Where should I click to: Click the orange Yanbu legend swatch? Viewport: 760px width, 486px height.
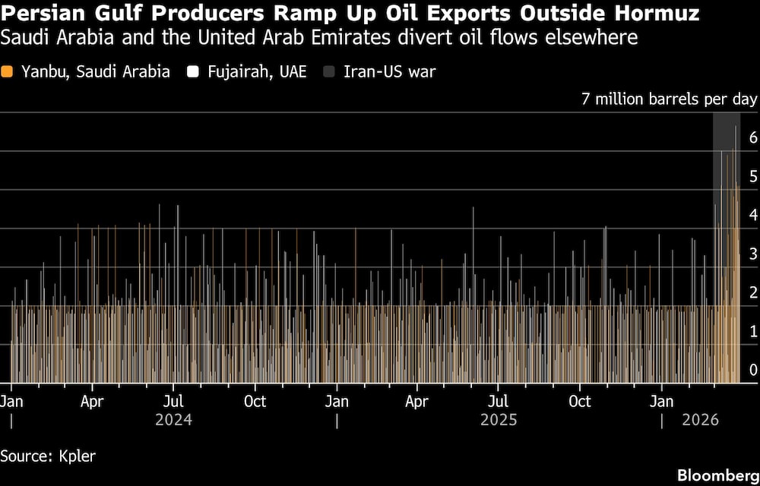point(8,72)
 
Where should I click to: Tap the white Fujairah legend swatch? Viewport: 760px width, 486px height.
point(194,72)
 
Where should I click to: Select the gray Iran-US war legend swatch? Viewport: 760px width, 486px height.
point(328,72)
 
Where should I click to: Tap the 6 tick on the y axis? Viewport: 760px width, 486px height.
point(752,137)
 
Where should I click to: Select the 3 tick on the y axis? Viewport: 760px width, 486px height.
point(752,254)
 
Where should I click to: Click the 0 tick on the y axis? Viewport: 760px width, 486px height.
point(752,370)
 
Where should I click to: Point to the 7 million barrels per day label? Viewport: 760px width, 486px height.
point(669,99)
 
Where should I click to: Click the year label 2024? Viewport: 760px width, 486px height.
point(173,420)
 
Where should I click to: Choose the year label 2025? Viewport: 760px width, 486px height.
point(499,420)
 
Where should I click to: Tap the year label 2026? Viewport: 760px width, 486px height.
point(699,420)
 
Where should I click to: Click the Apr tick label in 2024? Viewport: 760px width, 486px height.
point(92,401)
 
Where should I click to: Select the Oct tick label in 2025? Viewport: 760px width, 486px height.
point(580,401)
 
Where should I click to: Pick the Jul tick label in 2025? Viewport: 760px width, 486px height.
point(498,401)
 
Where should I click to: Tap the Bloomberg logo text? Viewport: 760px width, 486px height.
point(716,475)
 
